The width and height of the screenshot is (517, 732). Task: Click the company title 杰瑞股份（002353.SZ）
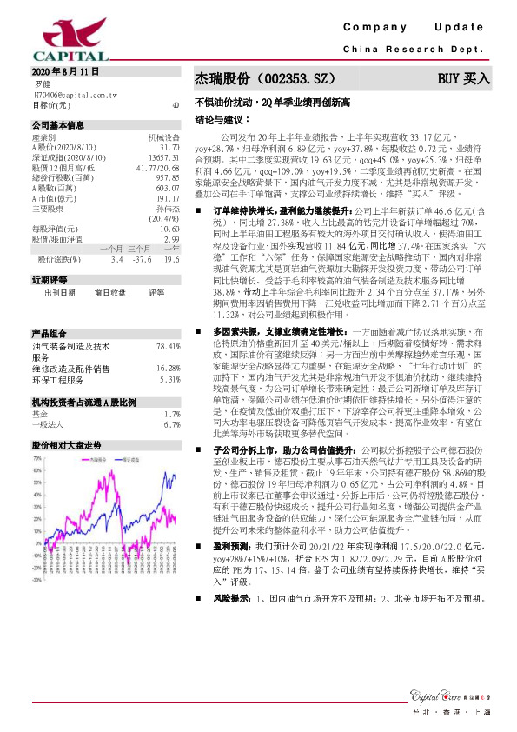262,78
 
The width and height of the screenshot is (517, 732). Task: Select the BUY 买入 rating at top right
463,78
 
